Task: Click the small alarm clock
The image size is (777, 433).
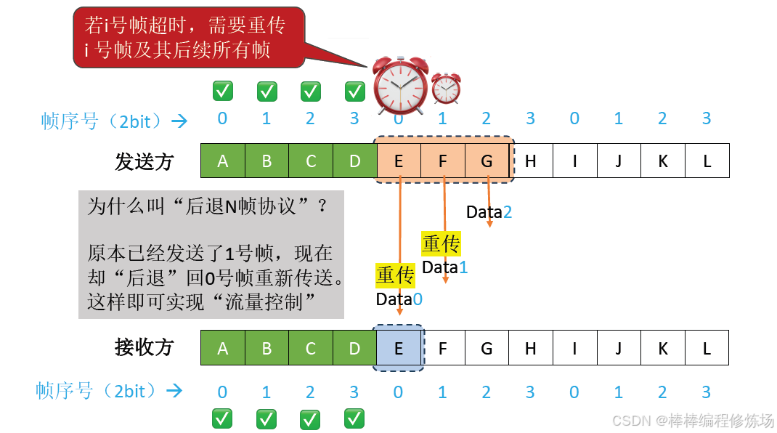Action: point(446,88)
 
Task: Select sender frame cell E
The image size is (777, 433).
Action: point(399,161)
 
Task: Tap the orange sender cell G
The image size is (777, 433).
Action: point(487,161)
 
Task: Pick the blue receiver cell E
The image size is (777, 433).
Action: point(398,348)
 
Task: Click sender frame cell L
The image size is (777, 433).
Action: point(707,161)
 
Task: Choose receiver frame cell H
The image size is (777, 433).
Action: point(531,348)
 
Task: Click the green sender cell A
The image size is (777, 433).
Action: point(222,161)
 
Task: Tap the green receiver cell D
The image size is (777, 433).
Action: point(354,348)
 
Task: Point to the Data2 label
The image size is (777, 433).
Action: point(489,212)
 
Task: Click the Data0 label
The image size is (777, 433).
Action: point(399,299)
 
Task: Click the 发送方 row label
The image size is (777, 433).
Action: point(144,161)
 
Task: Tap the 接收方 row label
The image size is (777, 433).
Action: point(144,347)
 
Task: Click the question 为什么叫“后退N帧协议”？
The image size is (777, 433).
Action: point(208,206)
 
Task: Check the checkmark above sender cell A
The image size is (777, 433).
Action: point(222,92)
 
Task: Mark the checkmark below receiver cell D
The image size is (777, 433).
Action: point(354,418)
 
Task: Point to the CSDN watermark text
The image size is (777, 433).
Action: point(693,421)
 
